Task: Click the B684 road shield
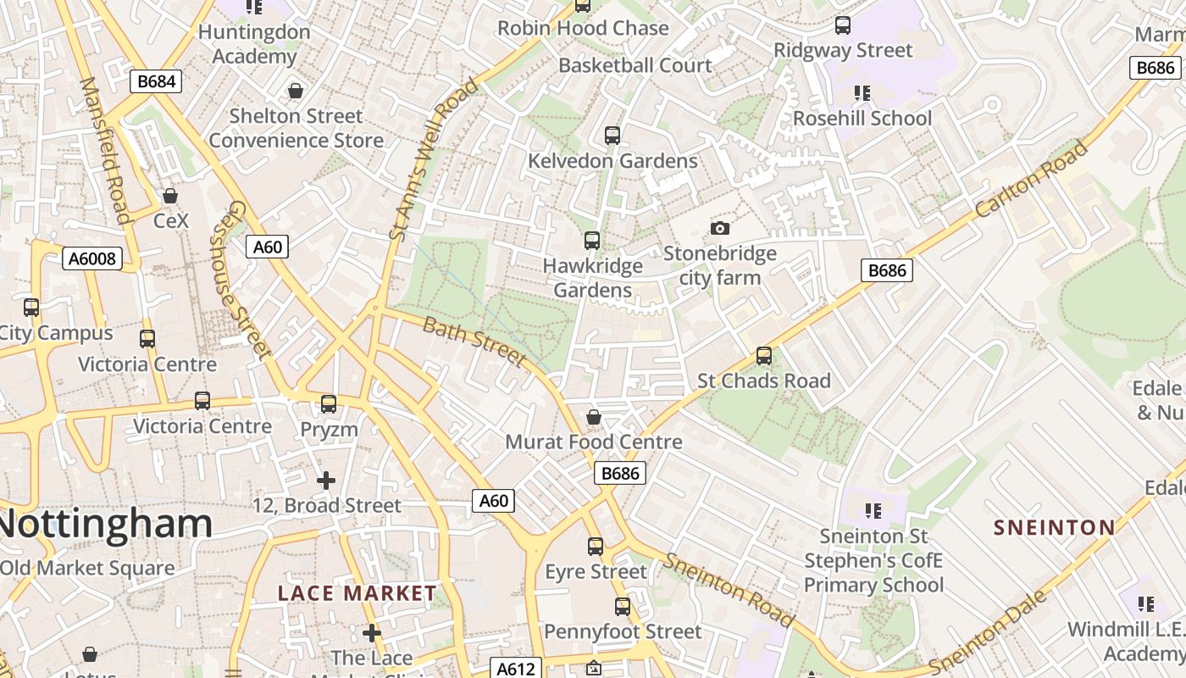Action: (x=156, y=81)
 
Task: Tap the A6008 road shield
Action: (x=91, y=258)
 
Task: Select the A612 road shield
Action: (x=516, y=669)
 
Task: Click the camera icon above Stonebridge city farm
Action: (x=720, y=228)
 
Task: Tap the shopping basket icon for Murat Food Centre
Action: (x=594, y=417)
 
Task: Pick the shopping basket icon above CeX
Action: (x=170, y=196)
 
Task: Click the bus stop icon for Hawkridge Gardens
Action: (x=592, y=241)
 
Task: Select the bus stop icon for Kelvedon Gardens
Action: (x=612, y=136)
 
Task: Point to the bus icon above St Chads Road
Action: (x=764, y=356)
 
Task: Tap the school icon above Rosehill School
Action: (x=862, y=93)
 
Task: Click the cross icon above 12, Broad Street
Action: (x=326, y=481)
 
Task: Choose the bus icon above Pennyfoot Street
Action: (x=623, y=607)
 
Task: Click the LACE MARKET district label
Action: (x=357, y=593)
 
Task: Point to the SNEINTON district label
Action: (x=1055, y=527)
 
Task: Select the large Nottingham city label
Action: (x=106, y=523)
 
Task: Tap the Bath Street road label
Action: (x=474, y=342)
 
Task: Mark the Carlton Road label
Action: (x=1031, y=180)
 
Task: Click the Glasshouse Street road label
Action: (x=240, y=280)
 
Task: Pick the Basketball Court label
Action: (x=635, y=65)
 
